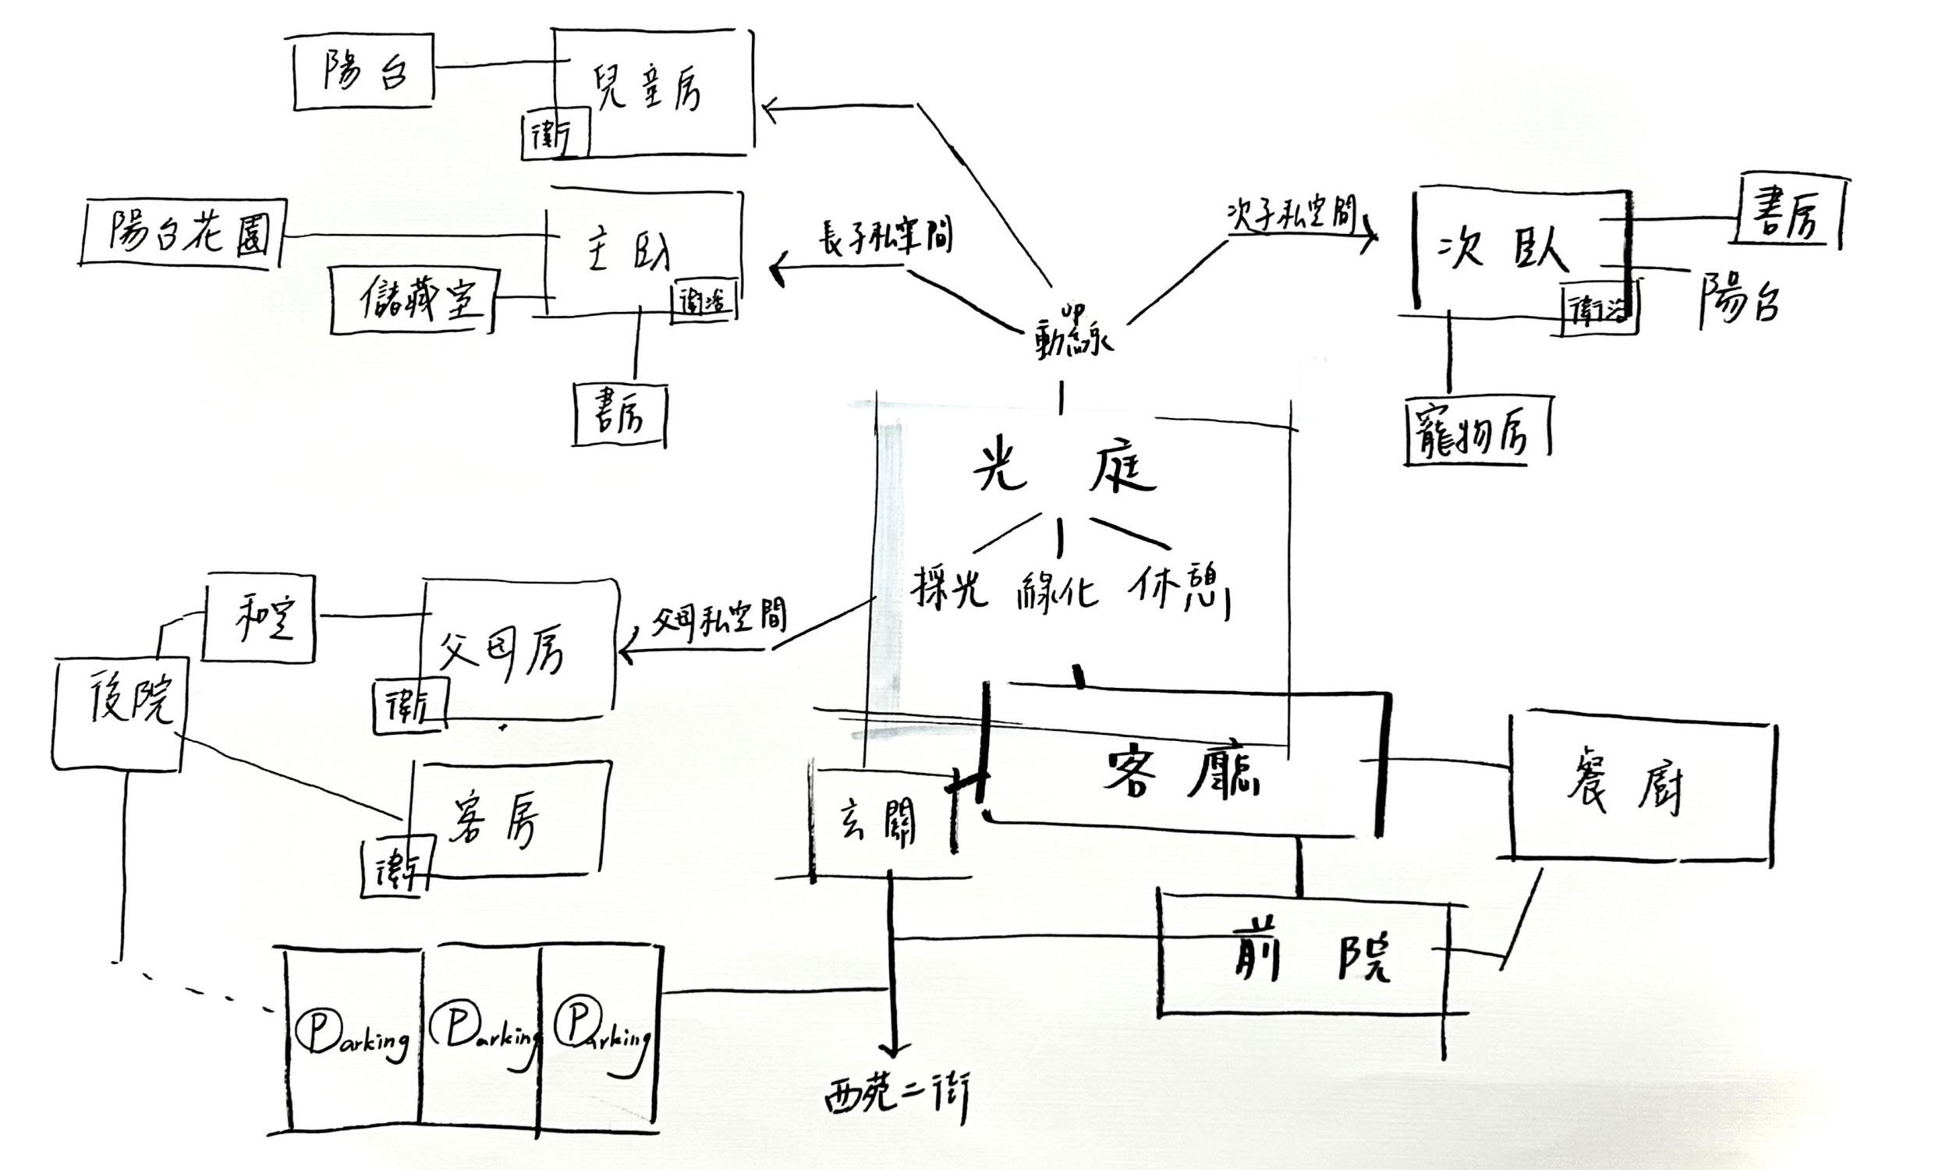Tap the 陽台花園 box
coord(184,233)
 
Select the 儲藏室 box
coord(414,300)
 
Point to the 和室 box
coord(259,618)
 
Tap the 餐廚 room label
coord(1625,786)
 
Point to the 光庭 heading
coord(1064,470)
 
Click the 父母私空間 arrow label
coord(718,620)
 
